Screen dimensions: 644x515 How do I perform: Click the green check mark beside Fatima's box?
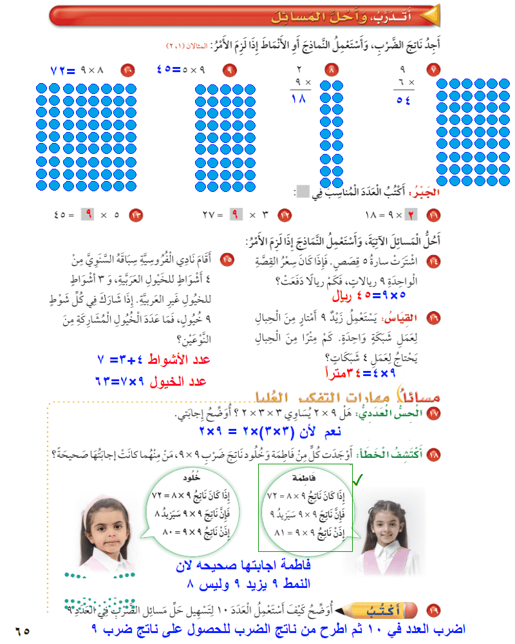[x=358, y=478]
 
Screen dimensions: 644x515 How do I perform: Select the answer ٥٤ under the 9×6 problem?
[x=404, y=100]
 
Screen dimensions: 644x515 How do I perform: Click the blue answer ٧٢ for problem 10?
[x=62, y=69]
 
